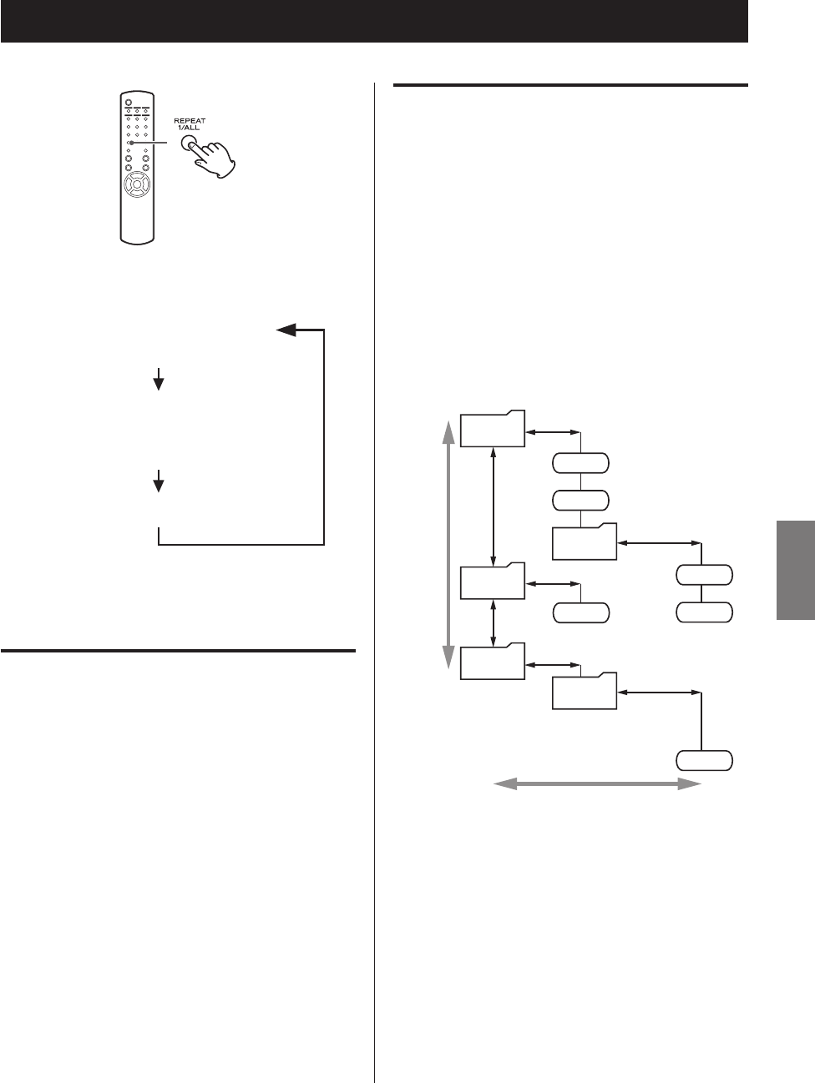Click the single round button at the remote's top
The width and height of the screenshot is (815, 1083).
[129, 103]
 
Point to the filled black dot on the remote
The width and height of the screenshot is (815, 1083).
[131, 143]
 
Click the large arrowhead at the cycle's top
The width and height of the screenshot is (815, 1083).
[287, 330]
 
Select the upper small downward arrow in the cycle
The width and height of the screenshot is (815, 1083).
[158, 382]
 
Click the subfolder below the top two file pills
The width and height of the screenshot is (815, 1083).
[585, 542]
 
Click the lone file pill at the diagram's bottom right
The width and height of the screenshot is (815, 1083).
[704, 760]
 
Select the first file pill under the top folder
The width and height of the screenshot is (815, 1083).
[581, 463]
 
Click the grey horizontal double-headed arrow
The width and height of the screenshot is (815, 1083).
[597, 783]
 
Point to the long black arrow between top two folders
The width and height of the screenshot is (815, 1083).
[495, 506]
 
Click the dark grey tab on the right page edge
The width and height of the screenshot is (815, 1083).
[796, 571]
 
